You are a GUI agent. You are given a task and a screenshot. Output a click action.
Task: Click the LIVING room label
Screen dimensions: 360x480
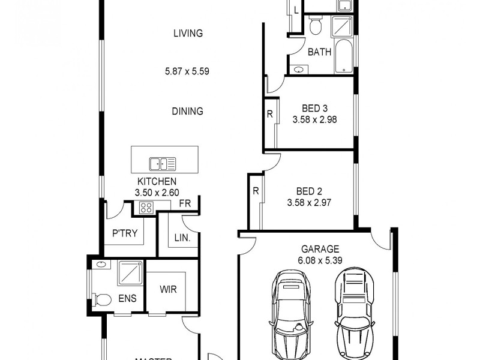tap(188, 34)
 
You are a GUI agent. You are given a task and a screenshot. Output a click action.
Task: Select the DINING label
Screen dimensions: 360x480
tap(188, 111)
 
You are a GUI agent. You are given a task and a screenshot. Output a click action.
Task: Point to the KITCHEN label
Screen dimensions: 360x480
tap(157, 181)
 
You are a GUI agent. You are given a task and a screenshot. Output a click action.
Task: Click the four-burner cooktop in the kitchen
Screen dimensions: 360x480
tap(146, 208)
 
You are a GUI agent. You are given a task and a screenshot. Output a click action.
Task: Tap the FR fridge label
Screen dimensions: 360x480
tap(185, 204)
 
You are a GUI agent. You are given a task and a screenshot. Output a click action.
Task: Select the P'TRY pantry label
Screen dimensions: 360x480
tap(125, 234)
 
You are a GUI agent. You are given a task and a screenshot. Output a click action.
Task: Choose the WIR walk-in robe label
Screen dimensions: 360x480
tap(168, 289)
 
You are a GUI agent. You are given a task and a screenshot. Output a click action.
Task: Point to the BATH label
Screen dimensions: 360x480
tap(319, 52)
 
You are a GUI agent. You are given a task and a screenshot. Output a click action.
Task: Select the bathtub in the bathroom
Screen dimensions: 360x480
tap(344, 58)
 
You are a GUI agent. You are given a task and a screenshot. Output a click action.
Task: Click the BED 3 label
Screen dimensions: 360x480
tap(314, 109)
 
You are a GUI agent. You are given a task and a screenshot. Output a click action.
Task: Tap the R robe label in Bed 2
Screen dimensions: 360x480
tap(255, 192)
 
